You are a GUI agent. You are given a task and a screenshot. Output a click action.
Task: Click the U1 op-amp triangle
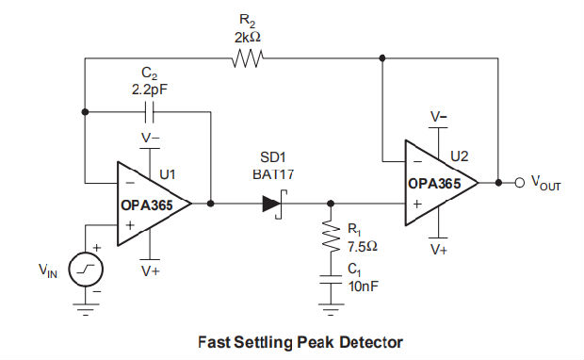coord(151,203)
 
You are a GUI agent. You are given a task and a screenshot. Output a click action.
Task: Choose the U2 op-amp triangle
coord(438,182)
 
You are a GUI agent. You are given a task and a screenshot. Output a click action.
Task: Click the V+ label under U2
coord(438,250)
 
